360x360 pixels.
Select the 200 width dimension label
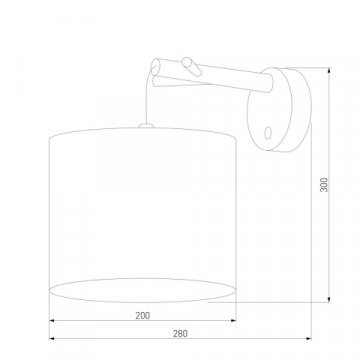point(144,316)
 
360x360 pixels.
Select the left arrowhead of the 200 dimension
point(52,323)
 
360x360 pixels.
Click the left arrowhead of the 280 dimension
point(52,342)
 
